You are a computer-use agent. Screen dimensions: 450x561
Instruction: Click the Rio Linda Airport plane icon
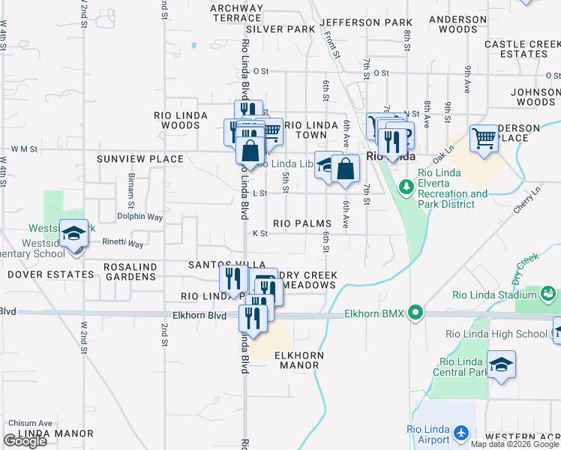460,433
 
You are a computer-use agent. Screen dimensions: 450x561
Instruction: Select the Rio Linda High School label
496,334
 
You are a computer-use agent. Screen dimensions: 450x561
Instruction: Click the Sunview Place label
140,159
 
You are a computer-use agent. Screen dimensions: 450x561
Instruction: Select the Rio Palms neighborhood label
302,223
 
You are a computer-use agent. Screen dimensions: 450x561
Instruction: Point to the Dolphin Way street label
139,217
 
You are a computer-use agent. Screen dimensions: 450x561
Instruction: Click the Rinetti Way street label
124,244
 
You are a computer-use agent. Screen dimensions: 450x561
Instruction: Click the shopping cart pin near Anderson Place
484,138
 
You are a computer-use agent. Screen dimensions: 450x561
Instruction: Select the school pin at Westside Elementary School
74,234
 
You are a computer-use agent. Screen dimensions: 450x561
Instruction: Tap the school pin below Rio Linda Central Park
501,364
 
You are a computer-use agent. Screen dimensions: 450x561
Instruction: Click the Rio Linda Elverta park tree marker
406,184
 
